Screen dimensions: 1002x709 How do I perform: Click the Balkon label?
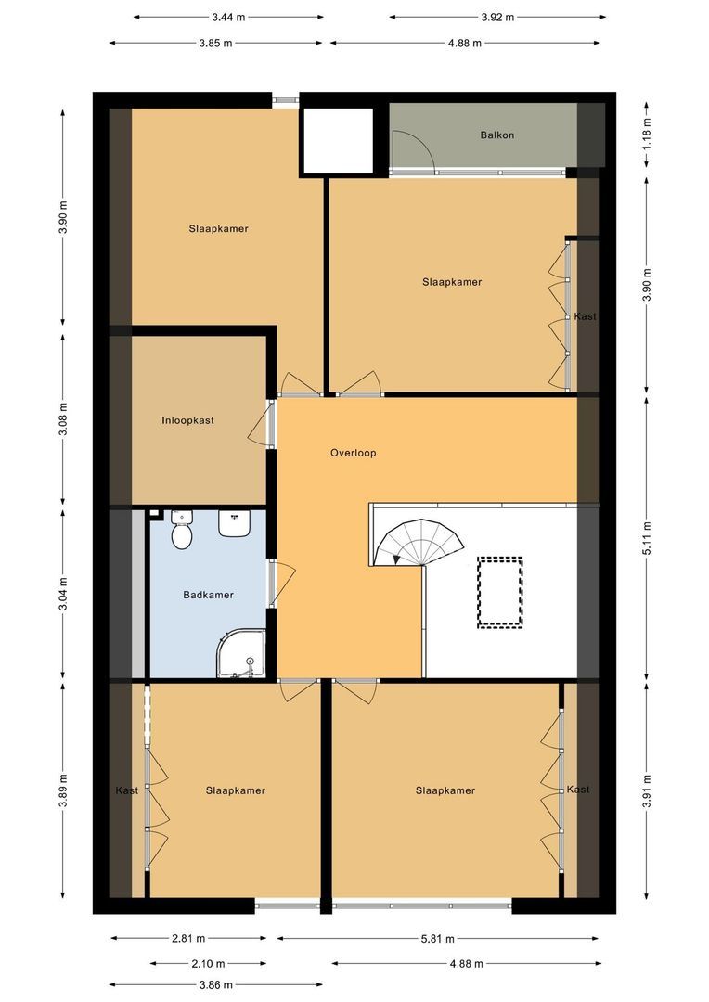497,135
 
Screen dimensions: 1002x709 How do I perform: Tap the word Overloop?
353,454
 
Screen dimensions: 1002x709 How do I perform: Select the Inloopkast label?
188,420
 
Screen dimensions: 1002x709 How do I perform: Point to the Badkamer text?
208,595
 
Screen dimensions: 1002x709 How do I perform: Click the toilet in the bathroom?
182,533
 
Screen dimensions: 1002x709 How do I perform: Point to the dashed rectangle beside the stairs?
499,593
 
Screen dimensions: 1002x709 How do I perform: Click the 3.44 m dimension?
229,18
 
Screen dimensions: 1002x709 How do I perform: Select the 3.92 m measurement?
497,18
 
